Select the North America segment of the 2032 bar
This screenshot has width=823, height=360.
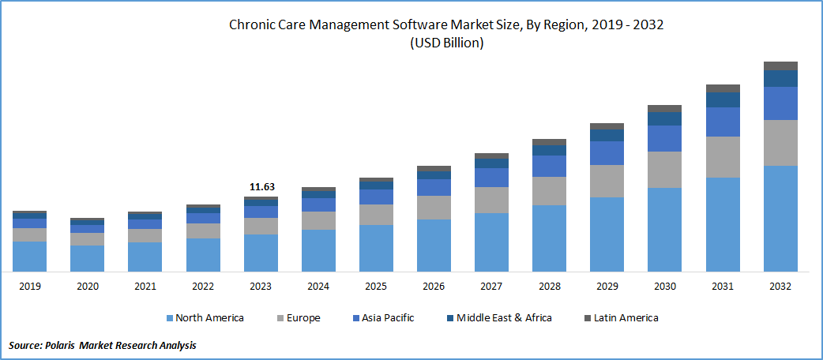tap(780, 219)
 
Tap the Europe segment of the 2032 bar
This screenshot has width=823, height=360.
tap(780, 143)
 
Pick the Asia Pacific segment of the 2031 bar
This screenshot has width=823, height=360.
tap(723, 122)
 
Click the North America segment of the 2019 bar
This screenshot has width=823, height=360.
tap(29, 257)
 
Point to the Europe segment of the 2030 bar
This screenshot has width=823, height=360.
tap(664, 169)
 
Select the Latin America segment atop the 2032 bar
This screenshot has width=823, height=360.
tap(780, 66)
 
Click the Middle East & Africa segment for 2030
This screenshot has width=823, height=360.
tap(664, 118)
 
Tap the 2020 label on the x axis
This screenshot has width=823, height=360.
tap(87, 286)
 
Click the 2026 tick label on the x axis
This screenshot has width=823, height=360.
tap(434, 286)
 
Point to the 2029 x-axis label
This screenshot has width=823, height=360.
tap(607, 286)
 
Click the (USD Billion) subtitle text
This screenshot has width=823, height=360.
tap(446, 43)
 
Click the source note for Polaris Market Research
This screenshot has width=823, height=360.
tap(103, 345)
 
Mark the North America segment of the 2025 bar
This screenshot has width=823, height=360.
tap(376, 249)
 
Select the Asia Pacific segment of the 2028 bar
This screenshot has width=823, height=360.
tap(549, 166)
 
